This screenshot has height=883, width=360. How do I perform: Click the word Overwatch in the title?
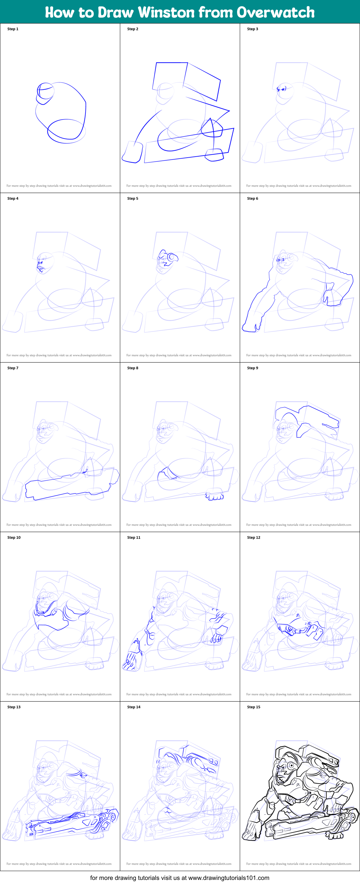coord(276,12)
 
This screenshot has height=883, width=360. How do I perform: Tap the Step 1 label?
coord(13,29)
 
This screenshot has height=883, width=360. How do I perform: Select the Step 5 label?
coord(133,198)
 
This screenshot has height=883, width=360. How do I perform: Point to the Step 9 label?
coord(252,368)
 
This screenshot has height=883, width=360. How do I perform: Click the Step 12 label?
coord(253,537)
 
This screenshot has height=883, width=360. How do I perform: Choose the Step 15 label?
coord(253,707)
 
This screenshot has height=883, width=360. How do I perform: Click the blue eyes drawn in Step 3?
coord(281,89)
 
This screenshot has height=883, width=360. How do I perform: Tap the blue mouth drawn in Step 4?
coord(41,269)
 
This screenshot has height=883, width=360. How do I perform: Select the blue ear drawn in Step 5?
coord(171,258)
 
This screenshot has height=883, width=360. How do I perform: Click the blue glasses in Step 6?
coord(281,260)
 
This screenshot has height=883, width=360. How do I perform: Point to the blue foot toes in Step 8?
coord(215,496)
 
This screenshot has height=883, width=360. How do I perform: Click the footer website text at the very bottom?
coord(179,878)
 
